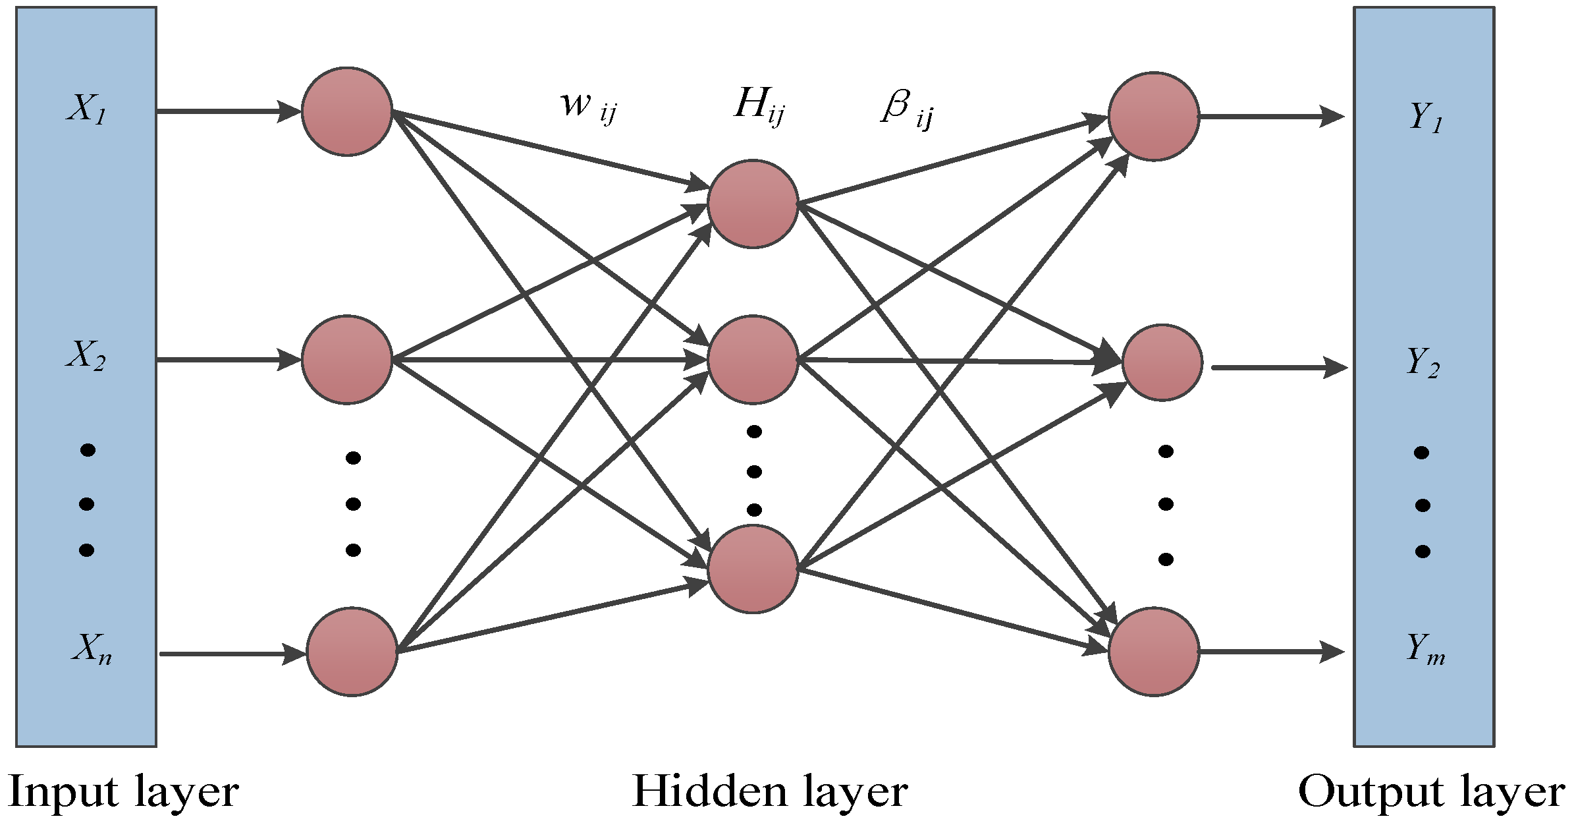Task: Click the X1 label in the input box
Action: point(86,109)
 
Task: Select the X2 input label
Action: point(86,356)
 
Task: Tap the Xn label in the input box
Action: point(92,648)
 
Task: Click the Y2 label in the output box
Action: point(1423,363)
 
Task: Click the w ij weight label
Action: point(588,106)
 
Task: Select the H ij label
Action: point(759,106)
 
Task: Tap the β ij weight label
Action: point(908,109)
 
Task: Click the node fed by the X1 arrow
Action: point(347,111)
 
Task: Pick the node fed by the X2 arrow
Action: point(347,360)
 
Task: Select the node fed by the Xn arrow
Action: point(352,652)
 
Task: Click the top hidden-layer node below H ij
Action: point(753,204)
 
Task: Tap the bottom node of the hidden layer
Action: point(753,569)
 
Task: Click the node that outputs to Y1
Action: point(1153,117)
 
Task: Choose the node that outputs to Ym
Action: point(1153,652)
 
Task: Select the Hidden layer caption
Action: point(770,791)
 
